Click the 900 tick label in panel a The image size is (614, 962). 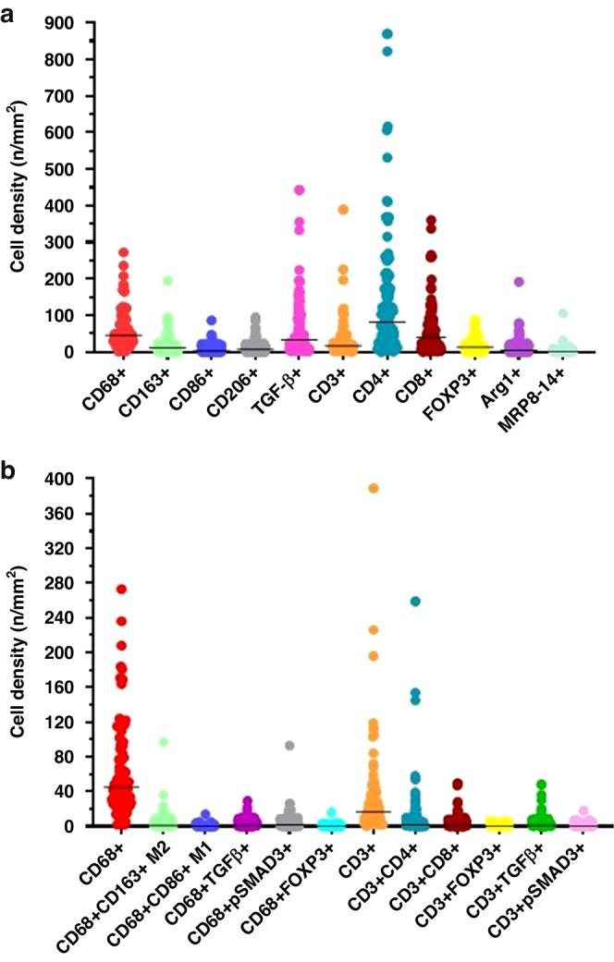point(62,22)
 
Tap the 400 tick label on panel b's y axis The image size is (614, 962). point(62,479)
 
